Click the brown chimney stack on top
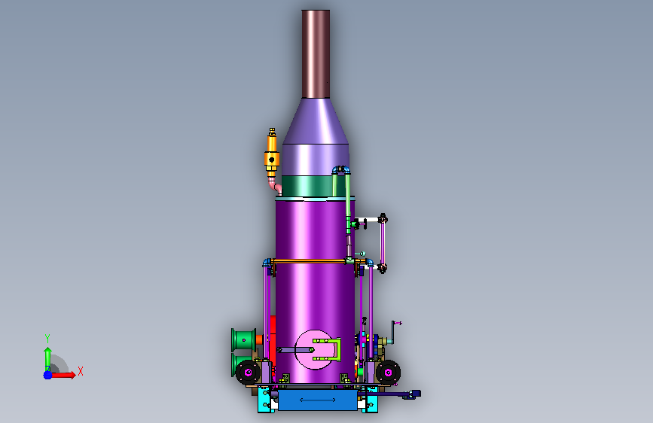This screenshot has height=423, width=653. click(x=316, y=54)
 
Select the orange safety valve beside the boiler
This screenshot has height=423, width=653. click(x=272, y=154)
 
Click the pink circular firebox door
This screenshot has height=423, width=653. click(x=314, y=350)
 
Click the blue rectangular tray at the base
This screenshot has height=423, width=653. click(x=318, y=400)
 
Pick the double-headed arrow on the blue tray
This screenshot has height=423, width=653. click(x=317, y=400)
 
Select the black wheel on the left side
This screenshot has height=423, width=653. click(x=249, y=372)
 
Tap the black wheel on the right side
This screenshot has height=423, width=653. click(x=388, y=373)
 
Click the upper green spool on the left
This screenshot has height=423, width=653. click(x=244, y=340)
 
